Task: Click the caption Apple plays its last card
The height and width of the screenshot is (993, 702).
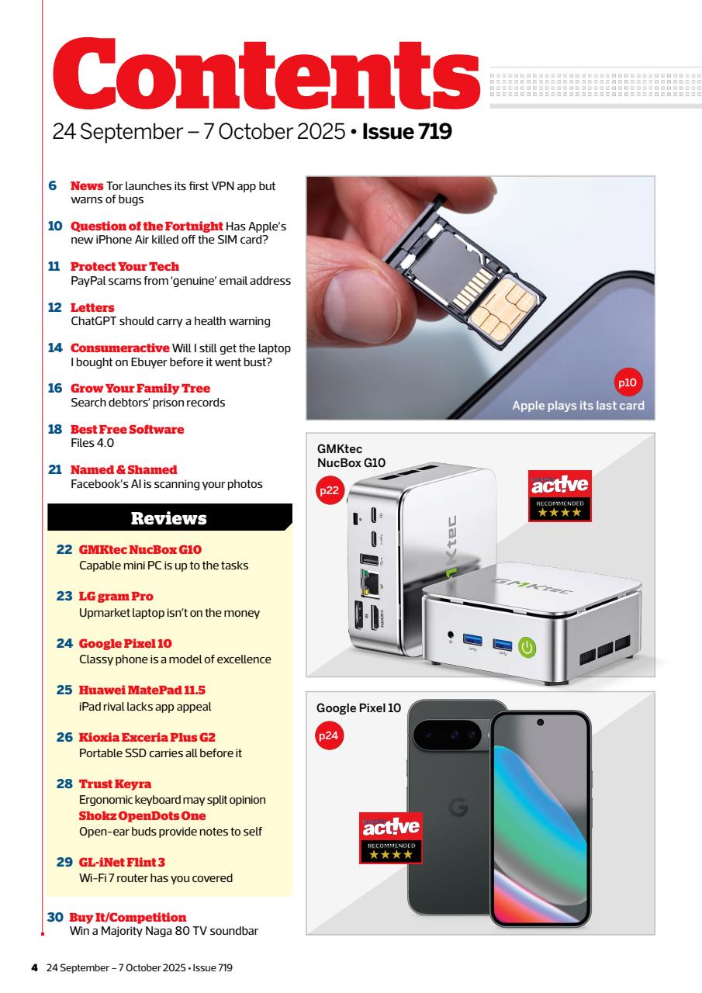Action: (578, 406)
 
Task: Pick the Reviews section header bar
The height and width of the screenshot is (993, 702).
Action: (169, 517)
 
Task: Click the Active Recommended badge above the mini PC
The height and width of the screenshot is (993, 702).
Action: (559, 495)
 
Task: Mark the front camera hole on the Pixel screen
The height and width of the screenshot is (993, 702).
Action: (541, 721)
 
